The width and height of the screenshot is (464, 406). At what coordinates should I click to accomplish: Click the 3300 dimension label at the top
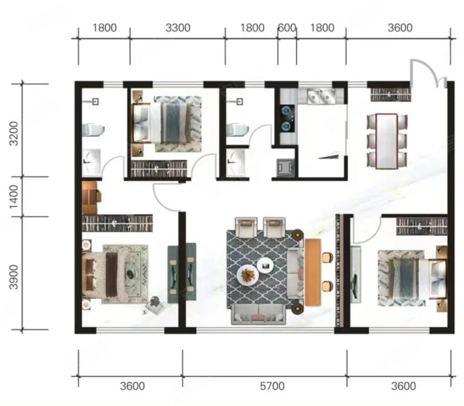(178, 28)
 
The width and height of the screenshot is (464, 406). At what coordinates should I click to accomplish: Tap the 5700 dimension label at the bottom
(272, 386)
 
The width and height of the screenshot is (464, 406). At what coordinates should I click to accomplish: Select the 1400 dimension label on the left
(14, 197)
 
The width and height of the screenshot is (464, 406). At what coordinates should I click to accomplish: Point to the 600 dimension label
(287, 28)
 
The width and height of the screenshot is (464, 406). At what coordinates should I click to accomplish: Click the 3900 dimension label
(14, 277)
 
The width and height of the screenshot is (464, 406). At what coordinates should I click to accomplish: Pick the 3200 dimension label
(14, 134)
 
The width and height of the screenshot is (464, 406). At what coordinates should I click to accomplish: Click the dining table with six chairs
(387, 141)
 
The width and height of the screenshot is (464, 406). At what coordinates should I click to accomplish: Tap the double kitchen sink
(321, 96)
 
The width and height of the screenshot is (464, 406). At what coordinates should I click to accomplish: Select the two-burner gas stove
(287, 118)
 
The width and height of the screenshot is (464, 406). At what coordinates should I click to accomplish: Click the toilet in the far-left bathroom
(93, 130)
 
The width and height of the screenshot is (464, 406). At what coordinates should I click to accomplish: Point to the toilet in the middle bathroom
(238, 130)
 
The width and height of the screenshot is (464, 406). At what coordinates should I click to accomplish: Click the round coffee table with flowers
(248, 274)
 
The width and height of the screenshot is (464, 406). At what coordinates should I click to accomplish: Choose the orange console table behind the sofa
(313, 272)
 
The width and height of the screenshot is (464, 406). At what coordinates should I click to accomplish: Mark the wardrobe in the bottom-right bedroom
(422, 226)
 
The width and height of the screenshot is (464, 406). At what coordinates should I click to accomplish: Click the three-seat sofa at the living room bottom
(258, 314)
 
